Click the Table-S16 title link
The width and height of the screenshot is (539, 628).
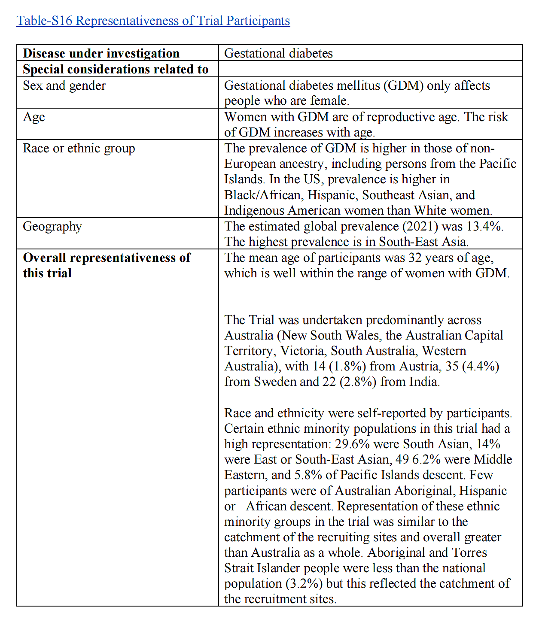153,21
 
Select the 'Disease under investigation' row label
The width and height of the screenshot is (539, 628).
101,53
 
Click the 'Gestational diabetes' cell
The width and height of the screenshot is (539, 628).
278,53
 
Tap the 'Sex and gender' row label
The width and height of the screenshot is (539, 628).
64,85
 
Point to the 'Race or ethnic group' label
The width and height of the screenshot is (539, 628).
79,148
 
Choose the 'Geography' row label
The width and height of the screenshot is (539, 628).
52,226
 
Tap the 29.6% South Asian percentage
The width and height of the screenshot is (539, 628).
352,444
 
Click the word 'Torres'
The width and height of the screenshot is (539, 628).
466,552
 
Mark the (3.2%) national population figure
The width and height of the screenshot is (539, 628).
305,583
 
